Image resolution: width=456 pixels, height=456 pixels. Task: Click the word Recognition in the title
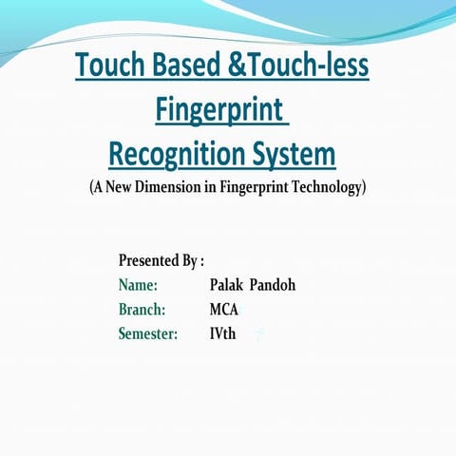click(167, 153)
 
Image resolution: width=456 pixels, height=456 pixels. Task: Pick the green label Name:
click(139, 284)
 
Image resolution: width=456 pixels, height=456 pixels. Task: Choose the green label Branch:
click(142, 309)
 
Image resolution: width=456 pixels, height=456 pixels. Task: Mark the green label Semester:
click(148, 333)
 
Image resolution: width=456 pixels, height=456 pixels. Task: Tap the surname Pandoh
click(278, 284)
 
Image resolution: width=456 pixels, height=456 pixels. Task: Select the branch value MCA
click(223, 309)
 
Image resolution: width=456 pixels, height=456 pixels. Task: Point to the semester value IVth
click(222, 333)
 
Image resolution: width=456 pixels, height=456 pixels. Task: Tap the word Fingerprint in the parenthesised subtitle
click(251, 187)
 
